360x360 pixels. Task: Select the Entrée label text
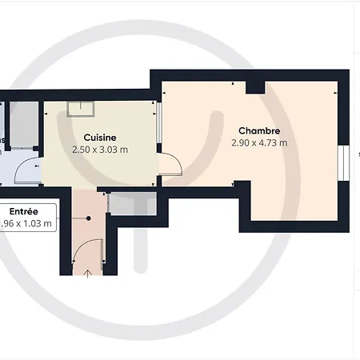point(22,211)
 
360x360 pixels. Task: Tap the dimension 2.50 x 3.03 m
point(100,150)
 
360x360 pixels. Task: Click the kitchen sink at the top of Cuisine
point(82,110)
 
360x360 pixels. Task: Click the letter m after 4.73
point(283,143)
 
